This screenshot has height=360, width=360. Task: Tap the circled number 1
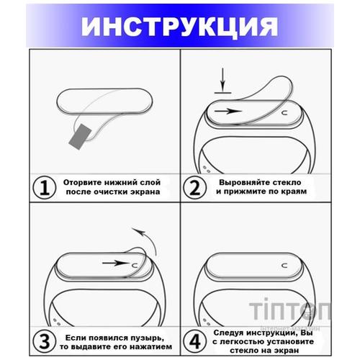click(45, 188)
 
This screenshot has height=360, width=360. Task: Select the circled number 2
click(194, 188)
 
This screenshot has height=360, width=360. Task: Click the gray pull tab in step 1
click(81, 135)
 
